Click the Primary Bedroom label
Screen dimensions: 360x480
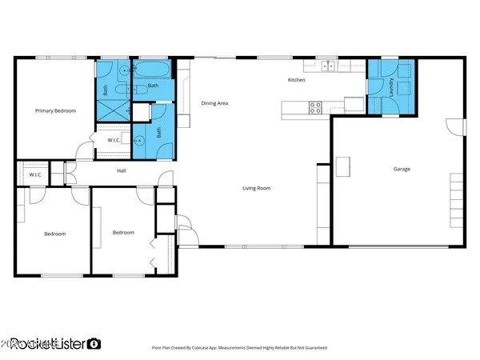pyautogui.click(x=54, y=111)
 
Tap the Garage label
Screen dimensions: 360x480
pyautogui.click(x=402, y=169)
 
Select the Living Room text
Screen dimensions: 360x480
pyautogui.click(x=258, y=189)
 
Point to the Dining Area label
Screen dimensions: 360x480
pyautogui.click(x=215, y=103)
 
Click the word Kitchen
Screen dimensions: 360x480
pyautogui.click(x=297, y=80)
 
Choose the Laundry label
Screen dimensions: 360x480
pyautogui.click(x=391, y=86)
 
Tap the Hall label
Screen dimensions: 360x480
pyautogui.click(x=122, y=170)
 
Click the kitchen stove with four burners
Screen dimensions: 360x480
pyautogui.click(x=315, y=106)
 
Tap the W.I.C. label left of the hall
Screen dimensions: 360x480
pyautogui.click(x=35, y=174)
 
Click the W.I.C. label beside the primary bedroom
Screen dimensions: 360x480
pyautogui.click(x=114, y=140)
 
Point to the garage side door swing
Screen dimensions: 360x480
pyautogui.click(x=456, y=126)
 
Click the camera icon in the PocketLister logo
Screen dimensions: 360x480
pyautogui.click(x=94, y=343)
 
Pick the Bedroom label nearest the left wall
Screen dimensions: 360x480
pyautogui.click(x=54, y=234)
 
